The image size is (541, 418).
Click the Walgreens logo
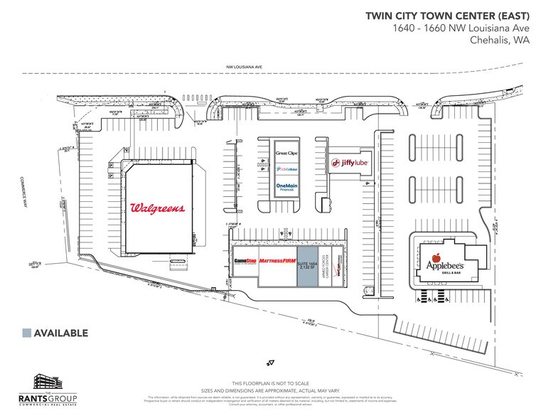(x=158, y=208)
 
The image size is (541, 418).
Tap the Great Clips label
(x=285, y=154)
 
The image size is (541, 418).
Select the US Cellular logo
(x=285, y=169)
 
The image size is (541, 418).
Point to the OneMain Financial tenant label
(x=285, y=187)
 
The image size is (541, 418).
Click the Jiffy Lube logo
(x=348, y=164)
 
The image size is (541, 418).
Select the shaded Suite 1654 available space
(x=306, y=267)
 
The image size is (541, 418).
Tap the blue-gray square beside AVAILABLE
(x=27, y=333)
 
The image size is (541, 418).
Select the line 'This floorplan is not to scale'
(x=271, y=383)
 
